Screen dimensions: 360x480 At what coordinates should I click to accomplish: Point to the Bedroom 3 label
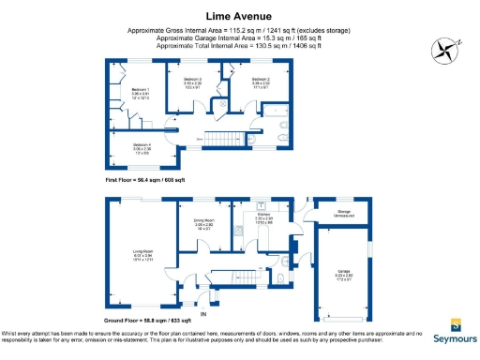click(x=193, y=82)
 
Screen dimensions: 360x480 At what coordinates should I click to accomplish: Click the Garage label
click(x=344, y=273)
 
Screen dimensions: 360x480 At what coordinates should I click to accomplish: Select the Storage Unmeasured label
click(x=345, y=215)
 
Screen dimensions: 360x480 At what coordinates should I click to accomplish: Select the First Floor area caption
click(x=146, y=178)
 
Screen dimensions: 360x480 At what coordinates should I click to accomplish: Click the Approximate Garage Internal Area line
click(x=239, y=37)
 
